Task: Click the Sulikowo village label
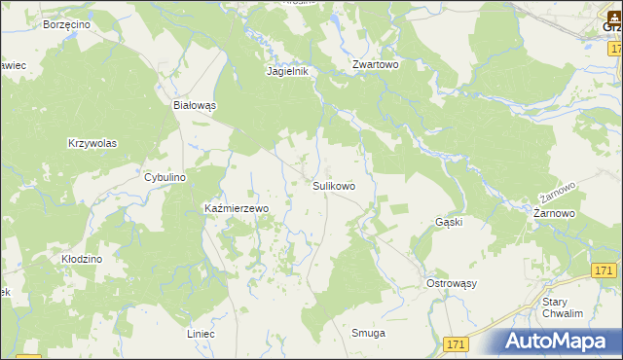pos(333,185)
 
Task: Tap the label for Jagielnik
pos(287,71)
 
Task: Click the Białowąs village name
pos(194,105)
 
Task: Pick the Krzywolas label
pos(92,143)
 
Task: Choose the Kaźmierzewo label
pos(235,208)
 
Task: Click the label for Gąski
pos(448,222)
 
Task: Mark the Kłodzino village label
pos(82,260)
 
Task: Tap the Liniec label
pos(200,334)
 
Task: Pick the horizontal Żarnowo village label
pos(555,212)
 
